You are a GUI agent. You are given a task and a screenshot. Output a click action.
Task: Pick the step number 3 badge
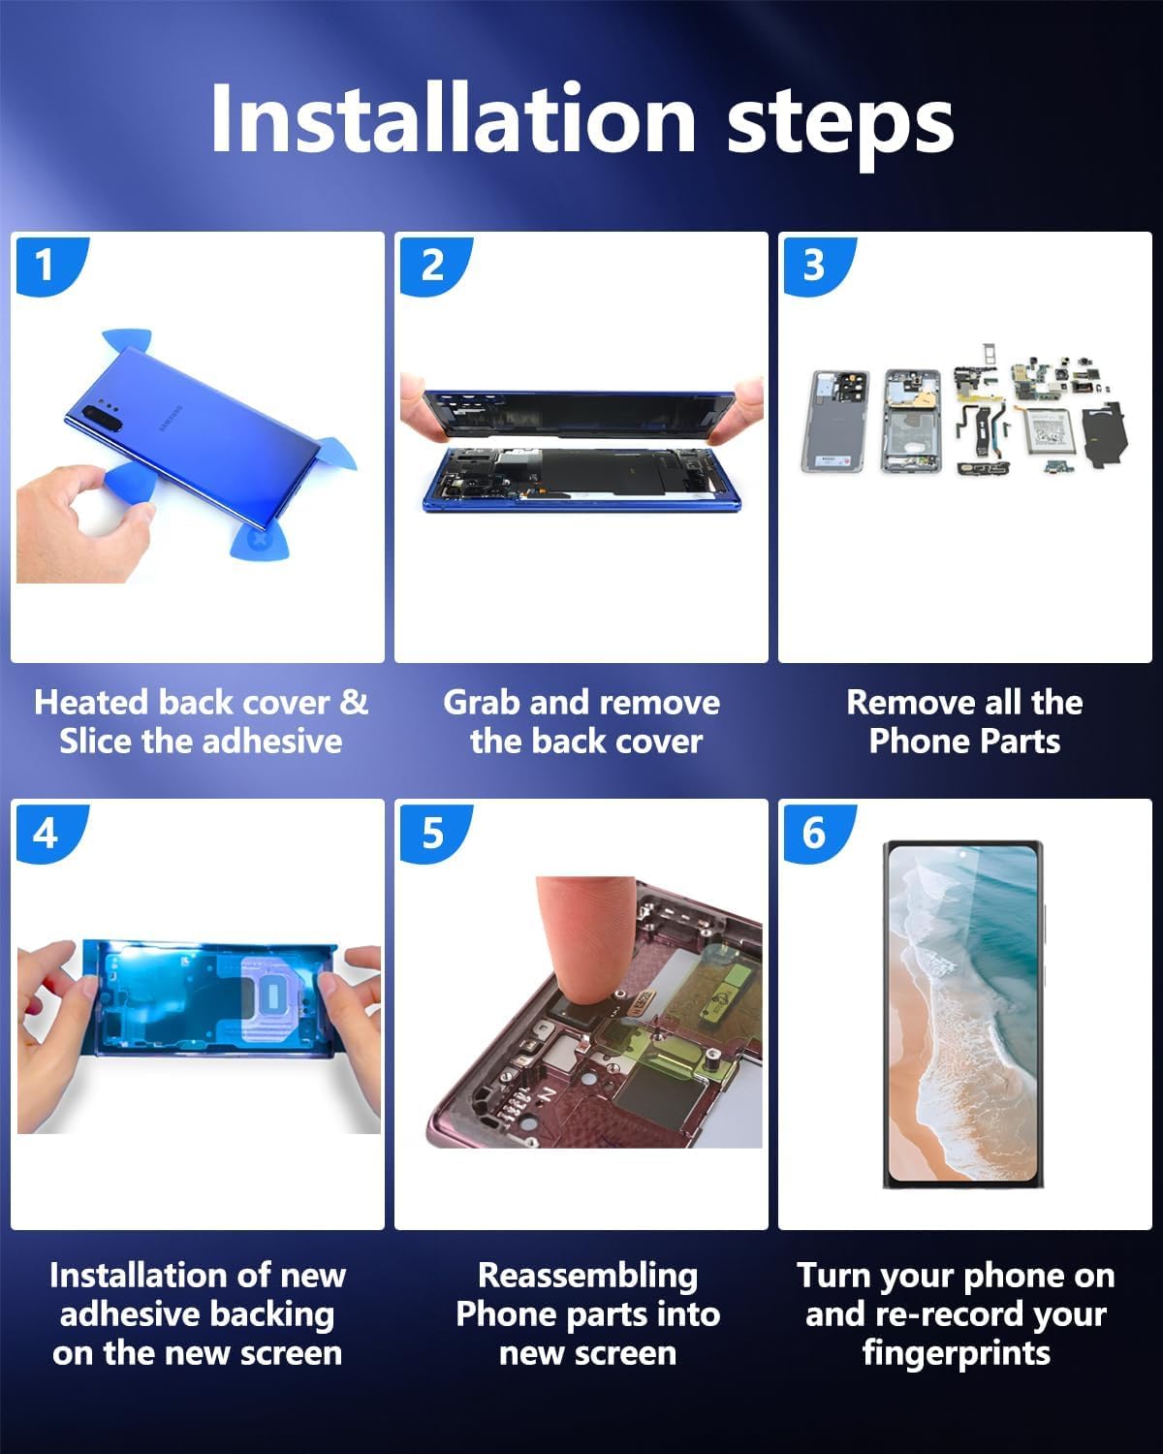pos(814,264)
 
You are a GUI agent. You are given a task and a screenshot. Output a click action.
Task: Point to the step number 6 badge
pos(814,832)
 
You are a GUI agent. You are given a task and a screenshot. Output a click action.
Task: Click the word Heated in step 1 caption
pos(91,702)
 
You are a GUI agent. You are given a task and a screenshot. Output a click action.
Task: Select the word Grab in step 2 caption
pos(482,702)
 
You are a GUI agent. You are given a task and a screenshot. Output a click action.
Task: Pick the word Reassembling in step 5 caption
pos(587,1275)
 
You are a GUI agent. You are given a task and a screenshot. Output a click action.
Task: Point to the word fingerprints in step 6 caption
pos(956,1353)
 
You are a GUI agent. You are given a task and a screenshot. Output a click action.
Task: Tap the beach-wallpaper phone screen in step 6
pos(962,1013)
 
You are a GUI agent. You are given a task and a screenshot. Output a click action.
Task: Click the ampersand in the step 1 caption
pos(354,702)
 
